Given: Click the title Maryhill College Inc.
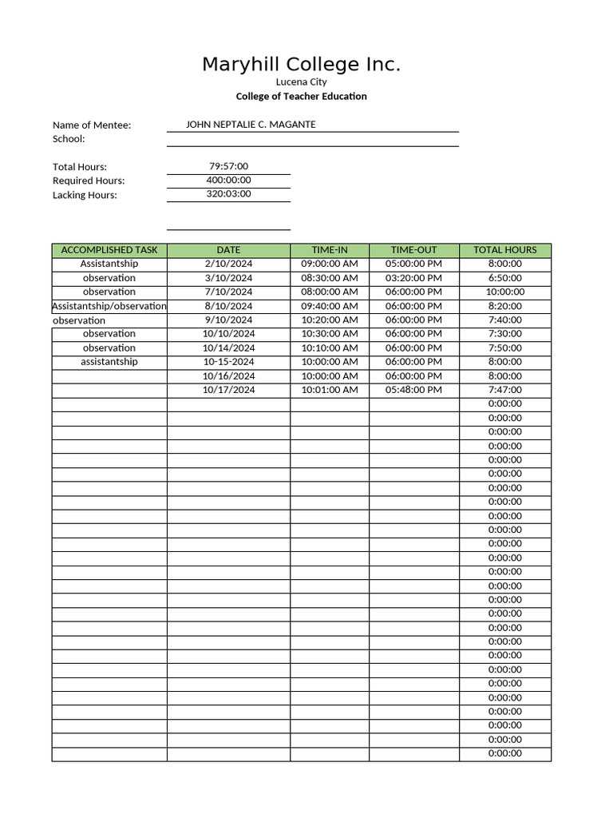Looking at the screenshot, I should coord(301,65).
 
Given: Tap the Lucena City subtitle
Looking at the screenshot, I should coord(301,82).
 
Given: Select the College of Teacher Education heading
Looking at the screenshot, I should coord(301,97).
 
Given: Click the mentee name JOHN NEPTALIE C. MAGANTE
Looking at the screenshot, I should coord(251,125).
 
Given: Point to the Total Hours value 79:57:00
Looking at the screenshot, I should coord(228,166).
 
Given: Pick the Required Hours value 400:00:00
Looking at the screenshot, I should coord(228,181).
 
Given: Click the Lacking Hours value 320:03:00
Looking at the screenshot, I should coord(228,194).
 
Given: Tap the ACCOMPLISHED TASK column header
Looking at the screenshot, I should coord(109,250).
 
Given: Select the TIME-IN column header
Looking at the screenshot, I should coord(329,250).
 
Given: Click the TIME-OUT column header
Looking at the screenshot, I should coord(413,250).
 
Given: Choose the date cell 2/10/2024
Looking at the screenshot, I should coord(228,264).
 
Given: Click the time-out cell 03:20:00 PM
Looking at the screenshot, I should coord(413,278).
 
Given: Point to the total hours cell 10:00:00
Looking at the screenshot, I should coord(504,292).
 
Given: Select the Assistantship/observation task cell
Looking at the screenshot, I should coord(109,306).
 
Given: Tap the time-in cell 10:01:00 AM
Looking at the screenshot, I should coord(329,390).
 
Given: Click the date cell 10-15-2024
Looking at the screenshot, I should coord(228,362).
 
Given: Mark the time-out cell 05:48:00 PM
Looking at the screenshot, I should coord(413,390).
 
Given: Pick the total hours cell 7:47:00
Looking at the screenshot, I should coord(504,390).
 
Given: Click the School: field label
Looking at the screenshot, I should coord(69,139).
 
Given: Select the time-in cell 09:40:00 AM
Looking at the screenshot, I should coord(329,306).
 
